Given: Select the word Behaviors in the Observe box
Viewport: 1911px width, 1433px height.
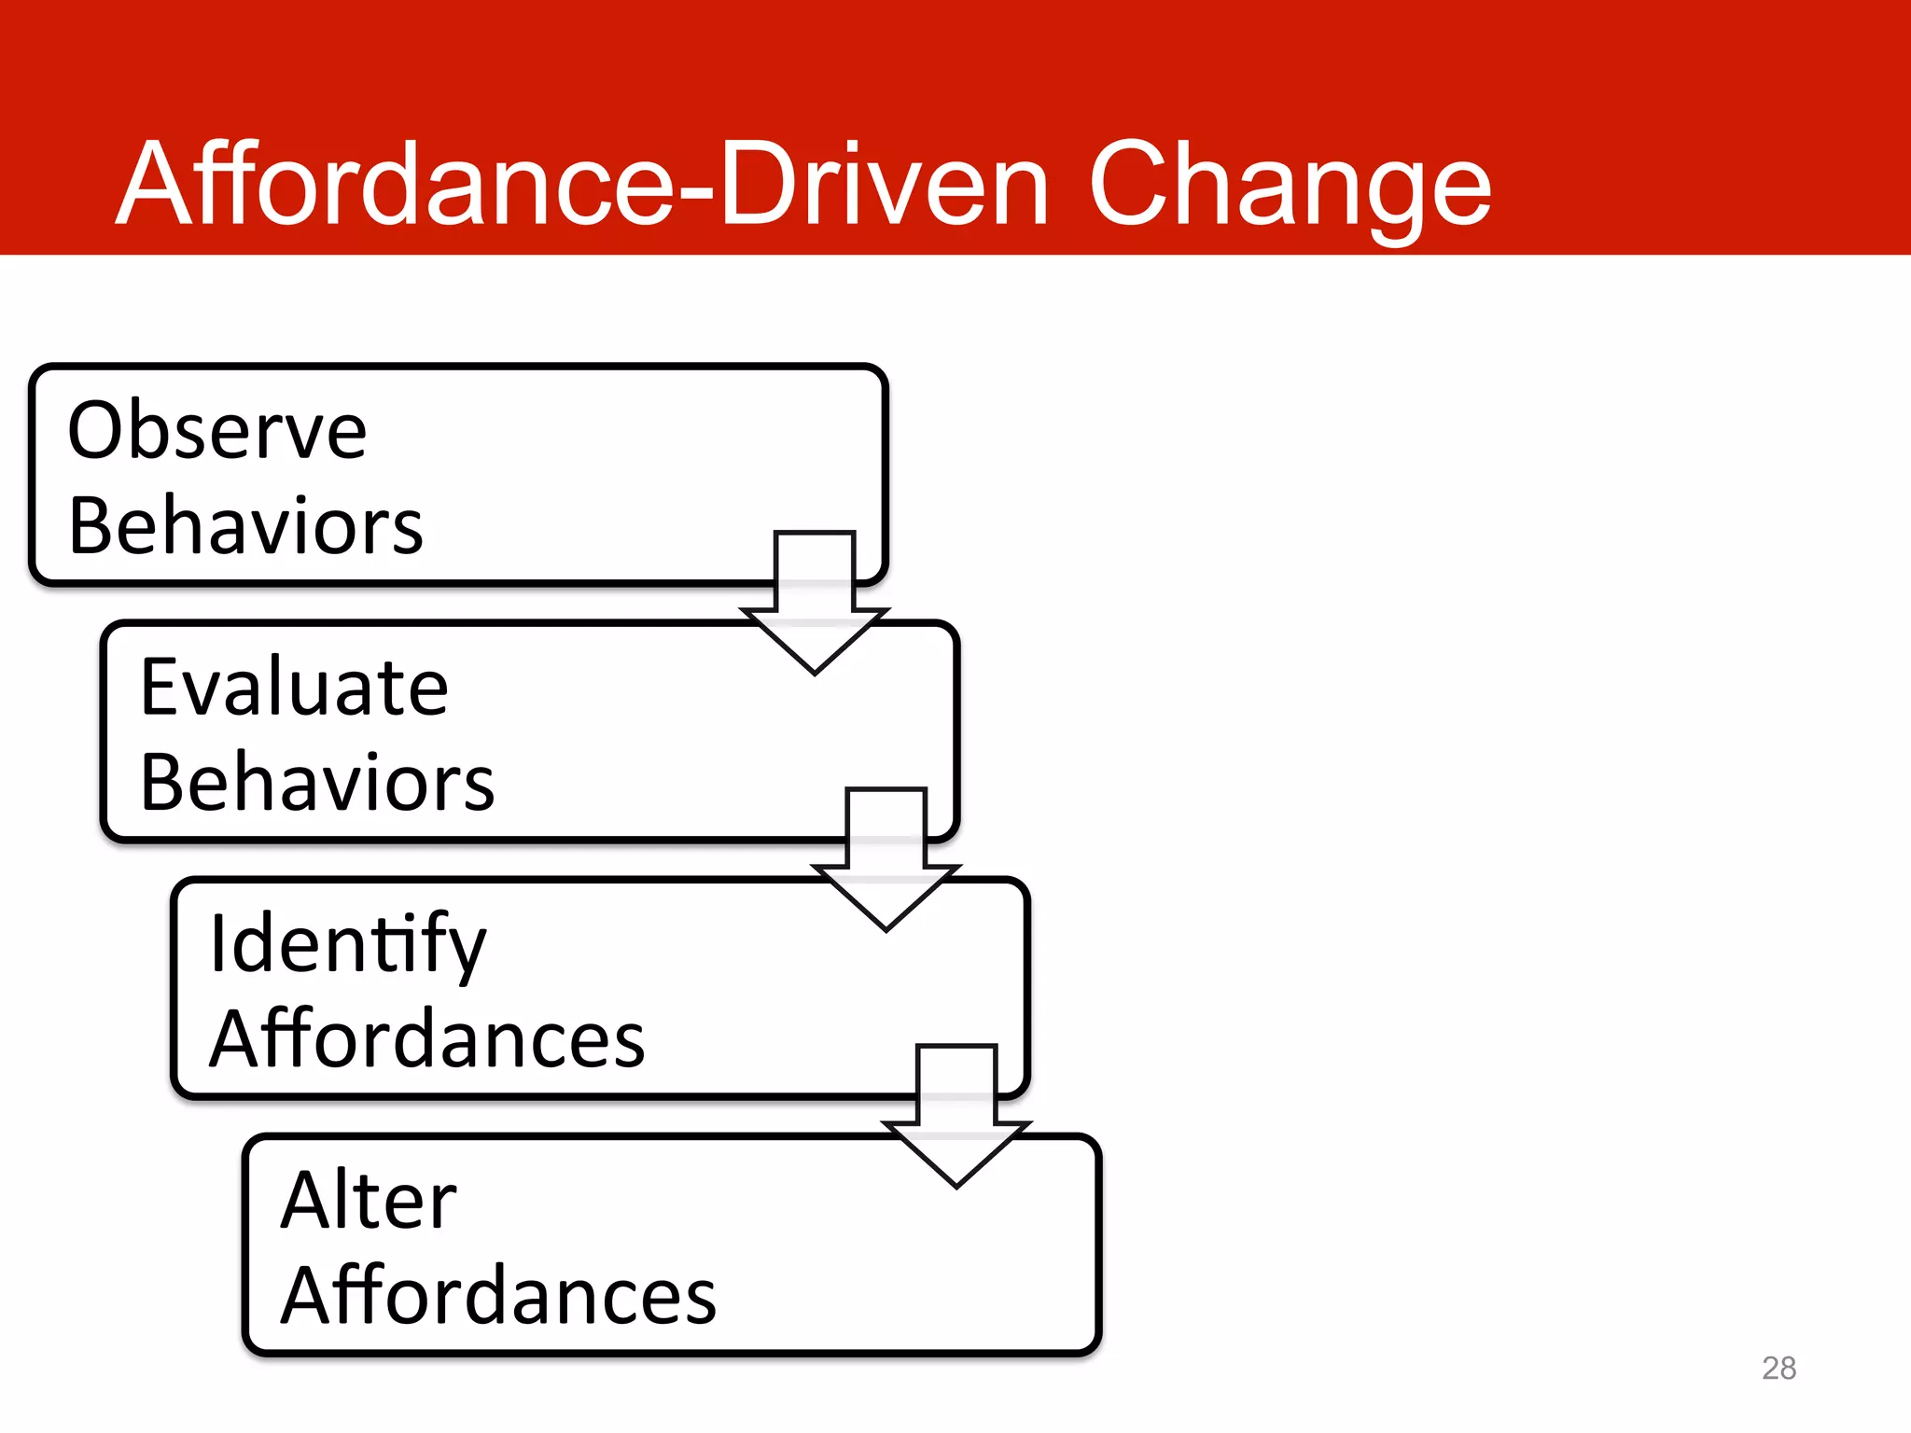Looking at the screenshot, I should pyautogui.click(x=245, y=526).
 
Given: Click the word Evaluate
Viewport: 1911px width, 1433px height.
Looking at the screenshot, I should pyautogui.click(x=294, y=688).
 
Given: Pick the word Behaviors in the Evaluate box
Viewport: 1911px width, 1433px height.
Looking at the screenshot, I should pyautogui.click(x=317, y=783).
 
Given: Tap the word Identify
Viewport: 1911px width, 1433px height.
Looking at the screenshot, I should pyautogui.click(x=347, y=945).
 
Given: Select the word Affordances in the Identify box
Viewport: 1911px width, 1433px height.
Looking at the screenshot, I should pyautogui.click(x=427, y=1039).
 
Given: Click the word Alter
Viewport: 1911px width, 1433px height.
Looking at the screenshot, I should pyautogui.click(x=369, y=1202).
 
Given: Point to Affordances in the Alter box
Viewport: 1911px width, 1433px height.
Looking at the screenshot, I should pyautogui.click(x=498, y=1296).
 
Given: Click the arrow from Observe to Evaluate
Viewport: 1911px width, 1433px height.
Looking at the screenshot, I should pyautogui.click(x=815, y=602).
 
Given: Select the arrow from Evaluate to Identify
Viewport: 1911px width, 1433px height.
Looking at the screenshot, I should pyautogui.click(x=886, y=858).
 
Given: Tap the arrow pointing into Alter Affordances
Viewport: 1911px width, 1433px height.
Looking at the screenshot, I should pyautogui.click(x=956, y=1115).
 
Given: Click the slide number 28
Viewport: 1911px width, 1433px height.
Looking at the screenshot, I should pyautogui.click(x=1778, y=1368).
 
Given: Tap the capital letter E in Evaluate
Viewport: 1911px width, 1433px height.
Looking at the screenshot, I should pyautogui.click(x=160, y=688).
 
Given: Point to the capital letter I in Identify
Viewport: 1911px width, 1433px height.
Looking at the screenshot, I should pyautogui.click(x=217, y=943).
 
